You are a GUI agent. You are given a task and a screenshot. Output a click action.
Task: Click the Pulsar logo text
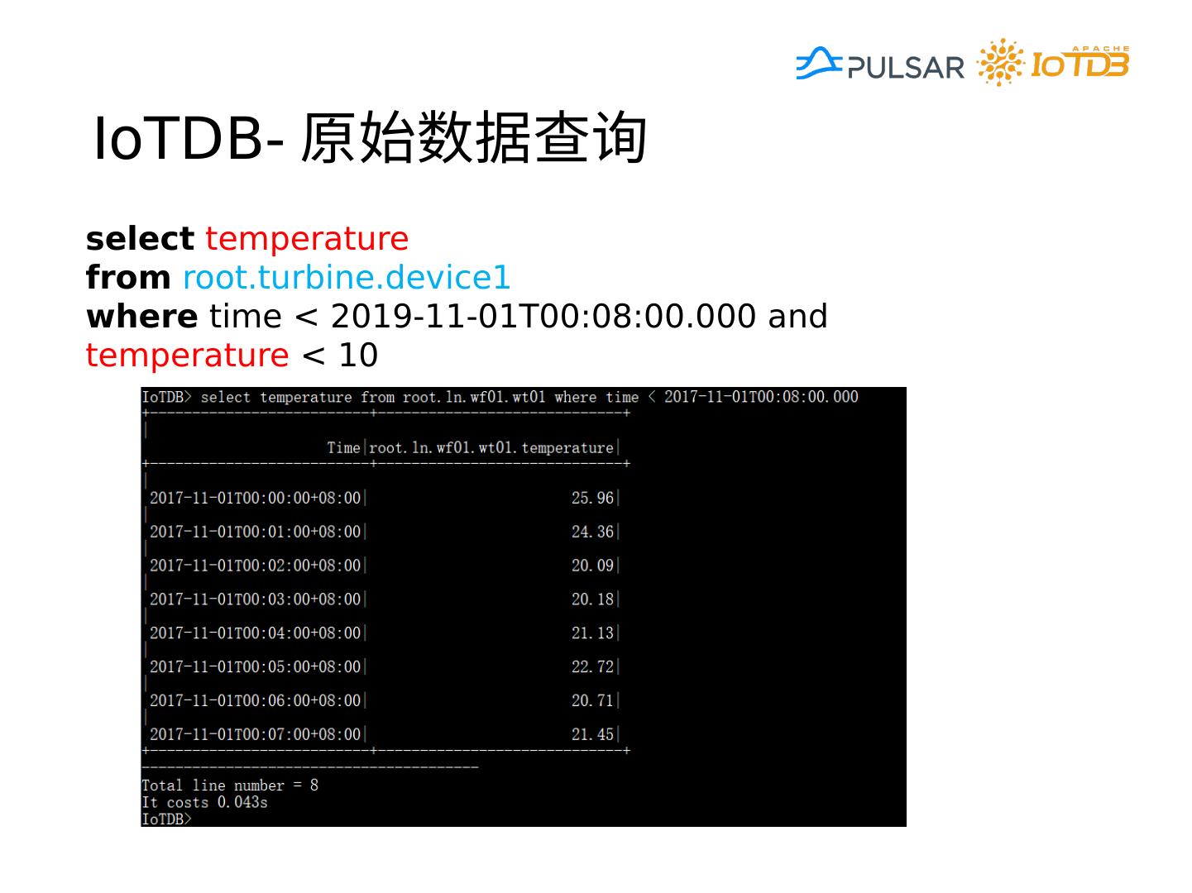[x=906, y=67]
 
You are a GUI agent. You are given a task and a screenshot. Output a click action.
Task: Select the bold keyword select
[x=140, y=239]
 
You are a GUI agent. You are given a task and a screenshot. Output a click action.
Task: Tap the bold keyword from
[x=128, y=278]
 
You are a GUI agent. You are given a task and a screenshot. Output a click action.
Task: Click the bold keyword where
[x=141, y=317]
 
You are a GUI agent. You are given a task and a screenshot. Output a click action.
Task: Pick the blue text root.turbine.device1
[x=347, y=278]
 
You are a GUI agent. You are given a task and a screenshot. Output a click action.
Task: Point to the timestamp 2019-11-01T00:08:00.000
[x=543, y=317]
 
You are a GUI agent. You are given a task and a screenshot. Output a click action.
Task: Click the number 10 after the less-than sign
[x=357, y=356]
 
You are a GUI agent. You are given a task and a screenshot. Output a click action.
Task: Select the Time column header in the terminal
[x=343, y=448]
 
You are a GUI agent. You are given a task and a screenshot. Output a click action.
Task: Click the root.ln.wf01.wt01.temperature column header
[x=491, y=448]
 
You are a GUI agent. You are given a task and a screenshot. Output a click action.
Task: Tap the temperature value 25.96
[x=592, y=498]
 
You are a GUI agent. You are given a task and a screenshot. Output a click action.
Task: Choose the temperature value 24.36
[x=592, y=532]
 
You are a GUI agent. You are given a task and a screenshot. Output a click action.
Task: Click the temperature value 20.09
[x=592, y=566]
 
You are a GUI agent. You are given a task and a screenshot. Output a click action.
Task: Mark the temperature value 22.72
[x=592, y=666]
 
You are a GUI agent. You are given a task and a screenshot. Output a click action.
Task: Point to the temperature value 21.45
[x=592, y=734]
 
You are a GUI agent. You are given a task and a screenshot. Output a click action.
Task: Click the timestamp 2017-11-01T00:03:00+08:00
[x=255, y=599]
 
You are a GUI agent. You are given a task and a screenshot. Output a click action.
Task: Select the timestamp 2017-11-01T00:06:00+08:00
[x=255, y=700]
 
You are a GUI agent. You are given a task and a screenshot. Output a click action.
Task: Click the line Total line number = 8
[x=230, y=786]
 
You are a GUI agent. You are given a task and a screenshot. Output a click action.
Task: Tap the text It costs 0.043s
[x=204, y=802]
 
